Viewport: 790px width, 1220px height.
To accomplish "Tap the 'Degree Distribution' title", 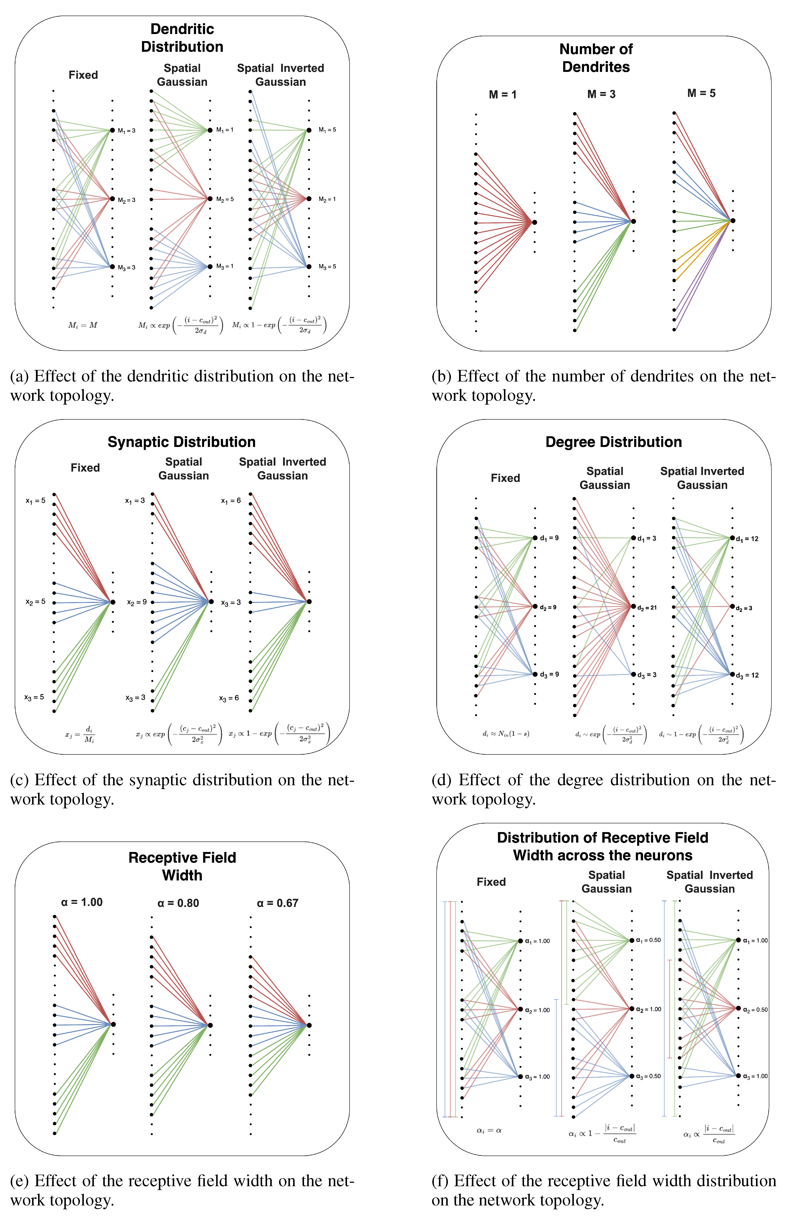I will pos(613,442).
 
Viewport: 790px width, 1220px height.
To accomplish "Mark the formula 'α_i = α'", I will pos(489,1130).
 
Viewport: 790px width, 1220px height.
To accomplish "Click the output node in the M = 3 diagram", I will pos(633,221).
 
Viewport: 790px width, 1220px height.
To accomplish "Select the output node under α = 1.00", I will pos(113,1024).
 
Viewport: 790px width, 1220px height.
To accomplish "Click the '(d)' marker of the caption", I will pos(441,780).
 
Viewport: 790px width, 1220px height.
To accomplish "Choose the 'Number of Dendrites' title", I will pos(596,58).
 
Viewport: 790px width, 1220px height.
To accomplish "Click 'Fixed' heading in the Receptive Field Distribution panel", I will pos(491,882).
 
